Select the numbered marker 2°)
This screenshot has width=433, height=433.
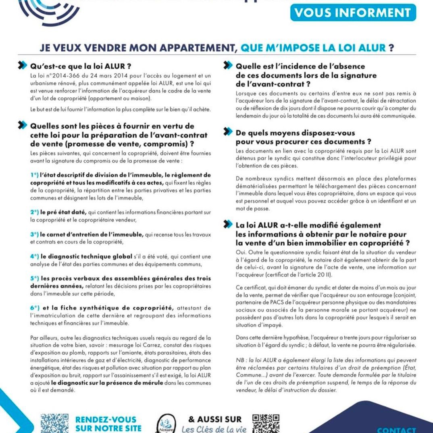[x=34, y=212]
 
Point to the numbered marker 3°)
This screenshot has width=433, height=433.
[x=34, y=234]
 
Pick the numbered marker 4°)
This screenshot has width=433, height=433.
[x=34, y=257]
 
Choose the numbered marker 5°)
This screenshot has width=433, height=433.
[x=34, y=278]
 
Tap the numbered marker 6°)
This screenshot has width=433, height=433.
[x=34, y=308]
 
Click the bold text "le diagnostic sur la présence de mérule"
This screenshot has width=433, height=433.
[x=107, y=382]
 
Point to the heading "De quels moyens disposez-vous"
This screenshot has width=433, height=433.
[x=295, y=133]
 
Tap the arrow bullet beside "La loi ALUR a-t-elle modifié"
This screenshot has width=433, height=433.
[x=228, y=225]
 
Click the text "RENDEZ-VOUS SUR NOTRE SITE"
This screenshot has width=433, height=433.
[x=106, y=424]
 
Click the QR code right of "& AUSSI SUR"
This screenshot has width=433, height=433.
[x=266, y=423]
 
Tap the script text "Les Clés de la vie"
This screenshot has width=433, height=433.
[x=214, y=429]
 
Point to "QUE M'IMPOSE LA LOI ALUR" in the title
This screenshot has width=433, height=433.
[x=313, y=48]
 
